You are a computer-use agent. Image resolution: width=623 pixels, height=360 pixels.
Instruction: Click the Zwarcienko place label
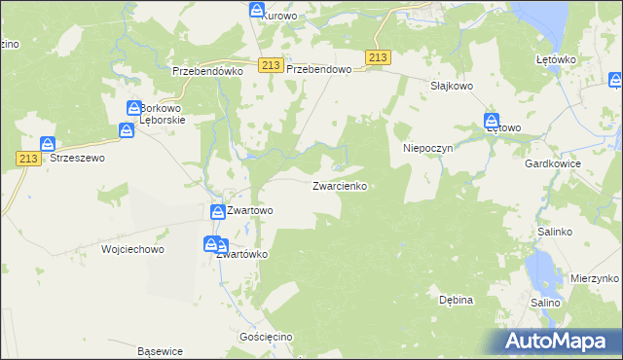click(339, 185)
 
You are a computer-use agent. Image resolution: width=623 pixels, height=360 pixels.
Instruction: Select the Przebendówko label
click(205, 71)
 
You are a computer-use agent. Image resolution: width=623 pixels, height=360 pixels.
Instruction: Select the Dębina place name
click(456, 300)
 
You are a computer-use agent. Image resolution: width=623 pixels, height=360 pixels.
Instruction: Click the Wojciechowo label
click(132, 249)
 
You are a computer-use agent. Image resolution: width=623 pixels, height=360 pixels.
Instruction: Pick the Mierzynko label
click(594, 277)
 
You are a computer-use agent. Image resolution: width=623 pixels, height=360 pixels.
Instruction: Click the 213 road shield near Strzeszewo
click(27, 158)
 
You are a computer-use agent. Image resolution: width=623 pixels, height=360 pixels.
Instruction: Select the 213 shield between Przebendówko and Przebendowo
click(271, 64)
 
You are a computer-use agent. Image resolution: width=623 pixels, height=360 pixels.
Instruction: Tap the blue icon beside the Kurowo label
click(257, 11)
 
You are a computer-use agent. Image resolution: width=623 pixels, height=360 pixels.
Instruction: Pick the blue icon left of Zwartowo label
click(218, 211)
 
